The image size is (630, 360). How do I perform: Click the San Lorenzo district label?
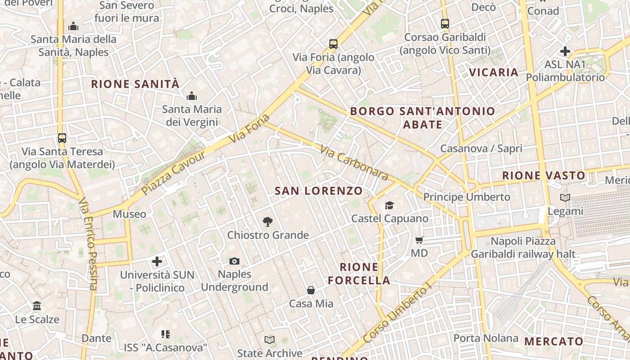(x=319, y=191)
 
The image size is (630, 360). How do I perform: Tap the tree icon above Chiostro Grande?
(x=268, y=221)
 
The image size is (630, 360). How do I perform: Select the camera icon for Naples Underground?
(x=234, y=261)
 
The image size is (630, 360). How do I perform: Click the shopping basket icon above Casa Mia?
(x=311, y=290)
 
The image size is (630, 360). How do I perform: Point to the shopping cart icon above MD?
(x=419, y=240)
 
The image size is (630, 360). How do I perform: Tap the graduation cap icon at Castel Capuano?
(x=389, y=206)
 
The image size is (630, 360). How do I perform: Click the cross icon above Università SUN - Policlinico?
(x=157, y=261)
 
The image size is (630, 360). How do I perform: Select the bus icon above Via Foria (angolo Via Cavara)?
(x=333, y=44)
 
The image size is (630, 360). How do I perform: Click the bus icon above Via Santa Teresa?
(x=62, y=138)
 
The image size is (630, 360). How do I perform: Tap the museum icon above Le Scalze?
(x=37, y=306)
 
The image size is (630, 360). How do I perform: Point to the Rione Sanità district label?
(x=135, y=84)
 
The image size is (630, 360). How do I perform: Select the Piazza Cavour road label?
(x=174, y=173)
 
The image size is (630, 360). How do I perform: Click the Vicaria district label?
(x=494, y=72)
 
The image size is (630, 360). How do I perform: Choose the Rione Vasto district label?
(x=544, y=175)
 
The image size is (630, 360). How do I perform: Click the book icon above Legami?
(x=565, y=198)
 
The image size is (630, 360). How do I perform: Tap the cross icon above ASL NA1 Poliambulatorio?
(x=565, y=51)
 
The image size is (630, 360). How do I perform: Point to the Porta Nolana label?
(x=486, y=338)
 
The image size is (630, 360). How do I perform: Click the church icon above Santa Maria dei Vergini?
(x=192, y=96)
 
